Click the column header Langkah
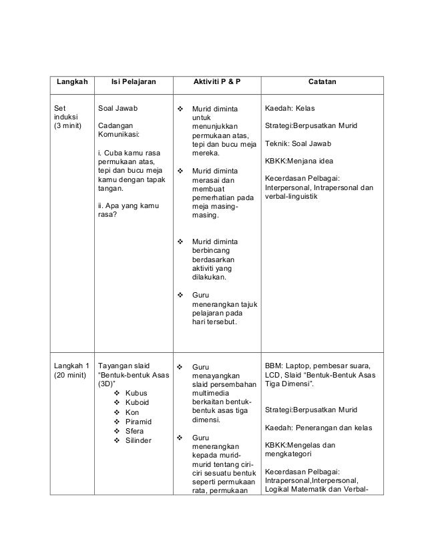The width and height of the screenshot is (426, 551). pos(71,81)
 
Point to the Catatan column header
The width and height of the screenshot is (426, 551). pos(322,81)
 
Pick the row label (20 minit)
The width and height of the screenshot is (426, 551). pos(71,375)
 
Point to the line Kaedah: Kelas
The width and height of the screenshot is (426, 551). pos(294,107)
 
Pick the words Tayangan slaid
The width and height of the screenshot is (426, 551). pos(125,366)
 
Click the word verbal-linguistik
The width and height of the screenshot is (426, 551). pos(293,197)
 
